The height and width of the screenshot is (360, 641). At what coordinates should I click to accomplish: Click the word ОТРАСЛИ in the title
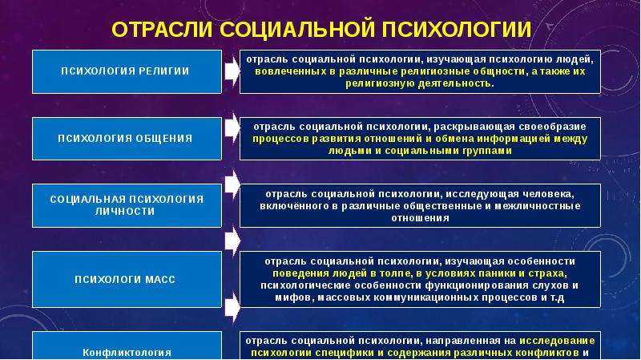pyautogui.click(x=163, y=30)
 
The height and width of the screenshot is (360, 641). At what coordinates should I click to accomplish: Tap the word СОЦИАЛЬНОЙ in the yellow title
pyautogui.click(x=297, y=30)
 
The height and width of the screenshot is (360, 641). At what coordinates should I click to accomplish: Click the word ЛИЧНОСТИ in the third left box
pyautogui.click(x=125, y=212)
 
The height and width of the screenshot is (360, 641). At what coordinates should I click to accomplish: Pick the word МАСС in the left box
pyautogui.click(x=160, y=280)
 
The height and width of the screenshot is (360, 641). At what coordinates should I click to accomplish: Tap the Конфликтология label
pyautogui.click(x=127, y=353)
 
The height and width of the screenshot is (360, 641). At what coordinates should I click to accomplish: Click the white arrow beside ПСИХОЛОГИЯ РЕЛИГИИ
pyautogui.click(x=232, y=71)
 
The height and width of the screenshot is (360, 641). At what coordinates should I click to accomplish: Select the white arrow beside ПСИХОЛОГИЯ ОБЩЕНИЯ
pyautogui.click(x=232, y=127)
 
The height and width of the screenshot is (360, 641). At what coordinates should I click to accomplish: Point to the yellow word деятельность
pyautogui.click(x=454, y=83)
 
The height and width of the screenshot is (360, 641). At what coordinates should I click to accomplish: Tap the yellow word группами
pyautogui.click(x=487, y=151)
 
